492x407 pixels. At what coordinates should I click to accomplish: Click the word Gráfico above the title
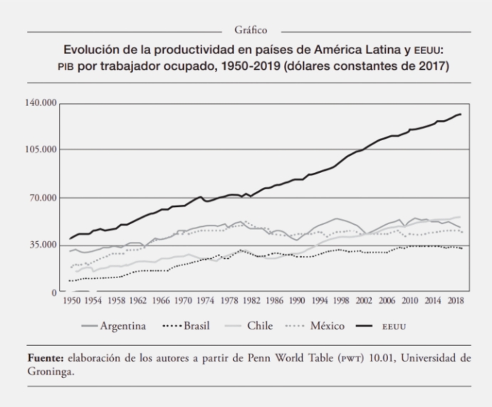(250, 30)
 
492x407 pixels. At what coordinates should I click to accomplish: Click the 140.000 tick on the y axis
(40, 102)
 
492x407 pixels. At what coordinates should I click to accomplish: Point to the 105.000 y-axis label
(40, 150)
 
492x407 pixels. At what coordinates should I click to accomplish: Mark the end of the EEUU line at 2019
(461, 114)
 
